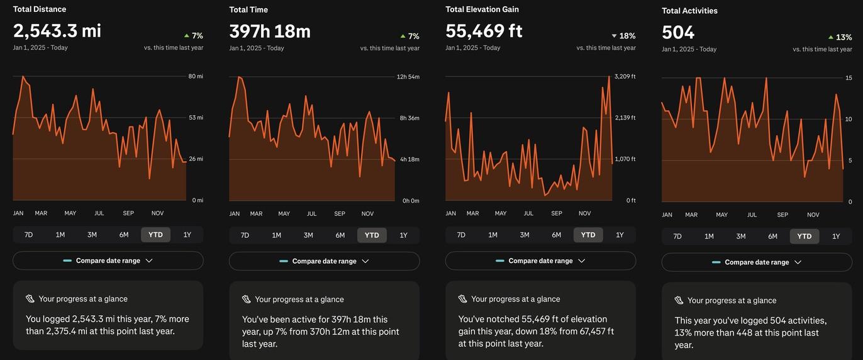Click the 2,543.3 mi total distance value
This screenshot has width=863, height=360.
[57, 31]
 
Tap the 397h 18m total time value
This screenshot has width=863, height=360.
[270, 31]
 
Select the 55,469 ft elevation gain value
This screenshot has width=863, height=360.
[484, 31]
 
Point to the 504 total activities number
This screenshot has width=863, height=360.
[678, 33]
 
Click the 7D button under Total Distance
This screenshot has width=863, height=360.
[28, 235]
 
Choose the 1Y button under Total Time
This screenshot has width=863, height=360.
[403, 235]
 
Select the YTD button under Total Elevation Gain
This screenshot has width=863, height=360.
[588, 235]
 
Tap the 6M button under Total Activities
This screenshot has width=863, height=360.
[772, 237]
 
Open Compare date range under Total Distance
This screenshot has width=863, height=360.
[108, 261]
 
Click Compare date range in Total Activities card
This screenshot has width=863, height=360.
[757, 262]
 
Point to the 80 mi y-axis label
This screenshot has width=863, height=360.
[196, 76]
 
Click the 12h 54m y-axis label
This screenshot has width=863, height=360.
[408, 77]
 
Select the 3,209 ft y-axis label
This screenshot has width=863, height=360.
[625, 76]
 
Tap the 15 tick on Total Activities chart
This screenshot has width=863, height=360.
[849, 78]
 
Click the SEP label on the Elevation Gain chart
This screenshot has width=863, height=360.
[557, 213]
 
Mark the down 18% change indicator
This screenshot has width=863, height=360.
[623, 36]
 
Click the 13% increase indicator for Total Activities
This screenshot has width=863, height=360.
[840, 37]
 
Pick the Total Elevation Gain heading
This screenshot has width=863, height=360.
[482, 9]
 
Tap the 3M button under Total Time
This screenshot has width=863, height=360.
[308, 235]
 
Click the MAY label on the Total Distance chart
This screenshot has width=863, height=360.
[70, 213]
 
